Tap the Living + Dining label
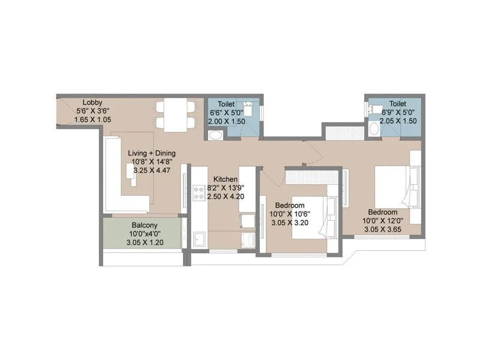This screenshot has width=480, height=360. tap(152, 153)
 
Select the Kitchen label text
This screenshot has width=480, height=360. tap(225, 179)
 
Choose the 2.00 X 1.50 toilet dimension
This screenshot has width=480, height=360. tap(226, 121)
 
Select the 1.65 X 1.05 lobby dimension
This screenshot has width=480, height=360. tap(92, 119)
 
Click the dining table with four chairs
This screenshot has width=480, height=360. tap(175, 115)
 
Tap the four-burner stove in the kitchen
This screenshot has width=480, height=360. tap(199, 193)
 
